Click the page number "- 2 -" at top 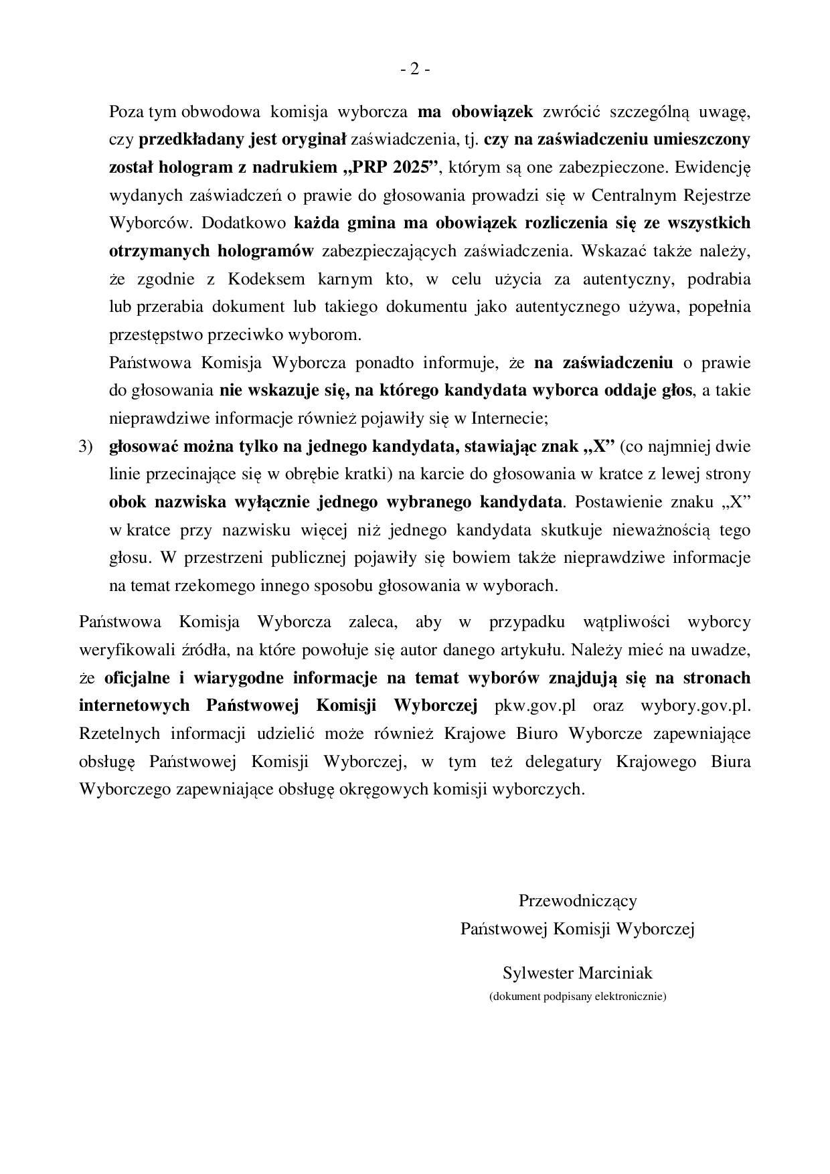(x=414, y=69)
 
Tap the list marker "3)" (x=86, y=446)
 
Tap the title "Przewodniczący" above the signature (x=578, y=901)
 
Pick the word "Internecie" (x=509, y=419)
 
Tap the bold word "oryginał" (x=313, y=140)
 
